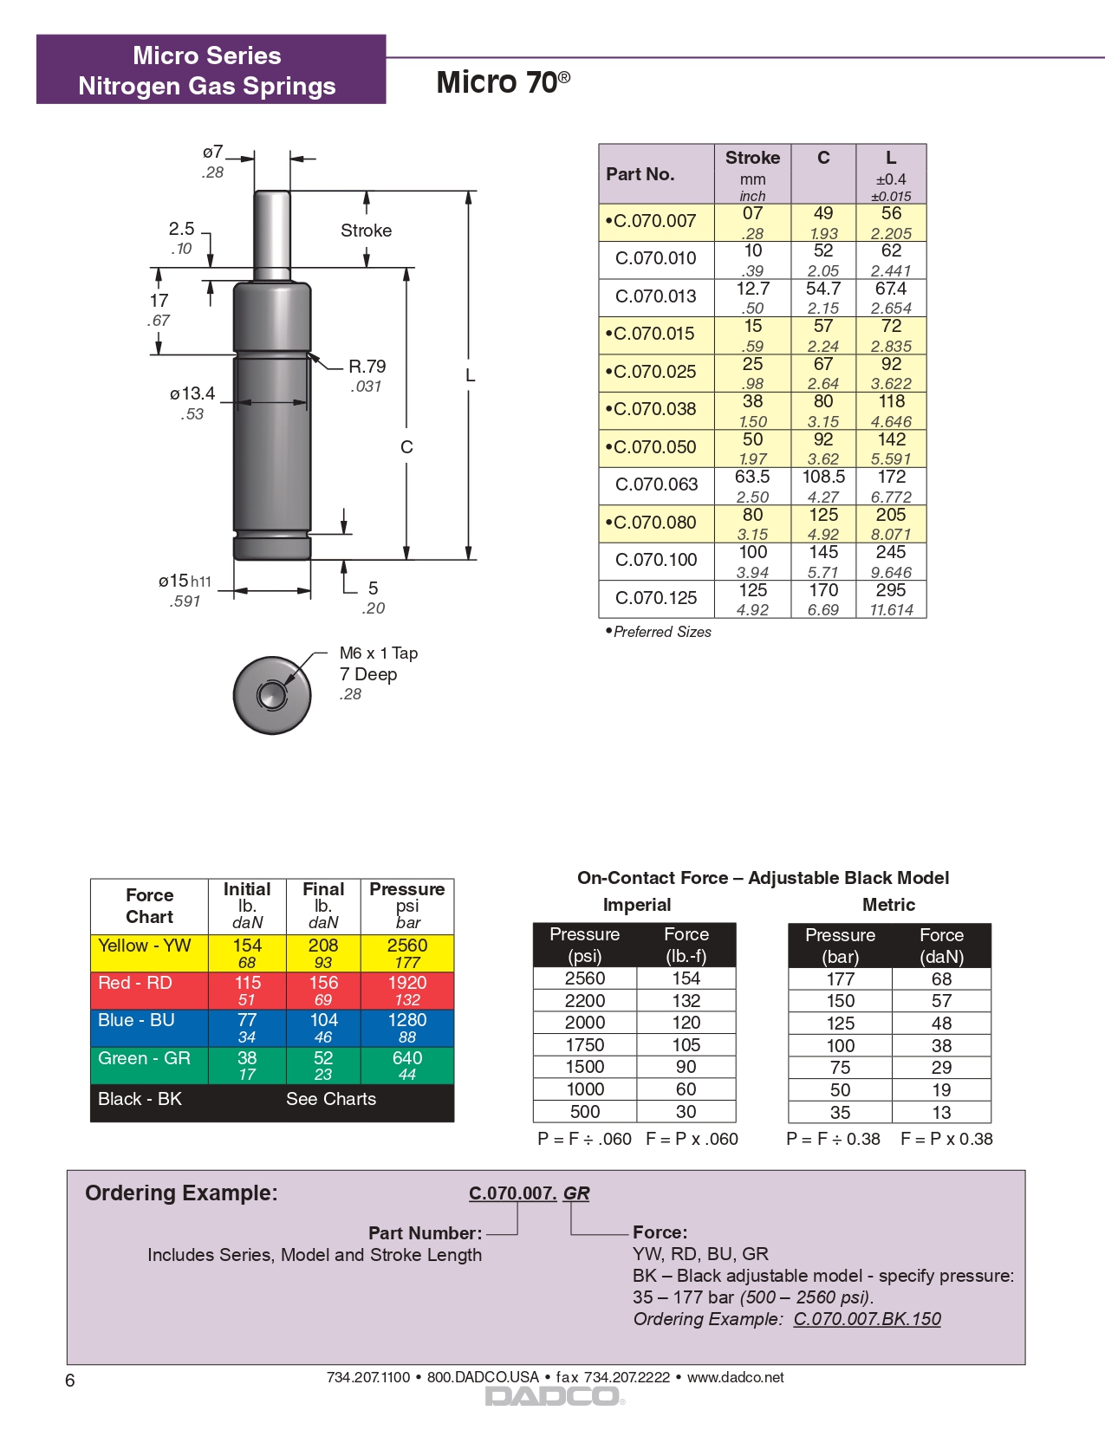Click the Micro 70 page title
(x=503, y=82)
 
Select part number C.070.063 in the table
(x=655, y=484)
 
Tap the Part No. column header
(x=640, y=174)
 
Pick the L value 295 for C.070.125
(x=891, y=591)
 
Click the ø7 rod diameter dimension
(x=213, y=153)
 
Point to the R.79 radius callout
(x=367, y=367)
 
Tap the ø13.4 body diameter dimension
(x=192, y=394)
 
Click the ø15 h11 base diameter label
(x=185, y=582)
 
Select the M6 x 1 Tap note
(x=379, y=653)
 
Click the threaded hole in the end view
(x=272, y=695)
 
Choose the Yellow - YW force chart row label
(x=145, y=946)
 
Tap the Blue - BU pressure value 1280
(x=407, y=1021)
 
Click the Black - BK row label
(x=140, y=1099)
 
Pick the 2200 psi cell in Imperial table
(x=585, y=1001)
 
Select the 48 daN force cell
(x=941, y=1024)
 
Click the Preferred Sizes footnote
(x=660, y=632)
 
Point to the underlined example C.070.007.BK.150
(x=867, y=1319)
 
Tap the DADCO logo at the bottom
(x=553, y=1396)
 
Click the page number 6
(x=70, y=1381)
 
